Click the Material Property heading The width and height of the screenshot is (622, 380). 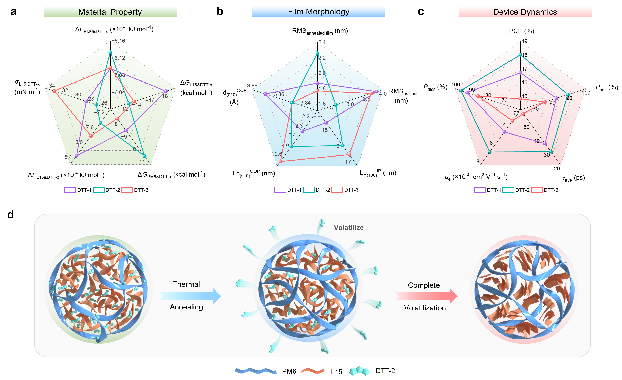[x=110, y=12]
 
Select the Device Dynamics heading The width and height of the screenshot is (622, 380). [x=525, y=12]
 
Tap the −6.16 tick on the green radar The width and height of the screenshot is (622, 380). [x=119, y=41]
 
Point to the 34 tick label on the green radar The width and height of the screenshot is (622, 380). [x=52, y=86]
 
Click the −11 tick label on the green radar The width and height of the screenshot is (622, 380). [x=140, y=162]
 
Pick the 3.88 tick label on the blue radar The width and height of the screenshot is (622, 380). [x=252, y=86]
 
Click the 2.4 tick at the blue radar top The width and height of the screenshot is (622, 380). [x=322, y=42]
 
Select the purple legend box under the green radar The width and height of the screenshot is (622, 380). [x=70, y=190]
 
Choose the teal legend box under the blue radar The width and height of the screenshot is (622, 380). [x=309, y=190]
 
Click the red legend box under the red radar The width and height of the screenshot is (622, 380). [x=537, y=190]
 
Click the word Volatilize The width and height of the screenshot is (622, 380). [x=349, y=228]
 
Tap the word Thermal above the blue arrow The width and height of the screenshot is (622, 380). [x=186, y=284]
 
